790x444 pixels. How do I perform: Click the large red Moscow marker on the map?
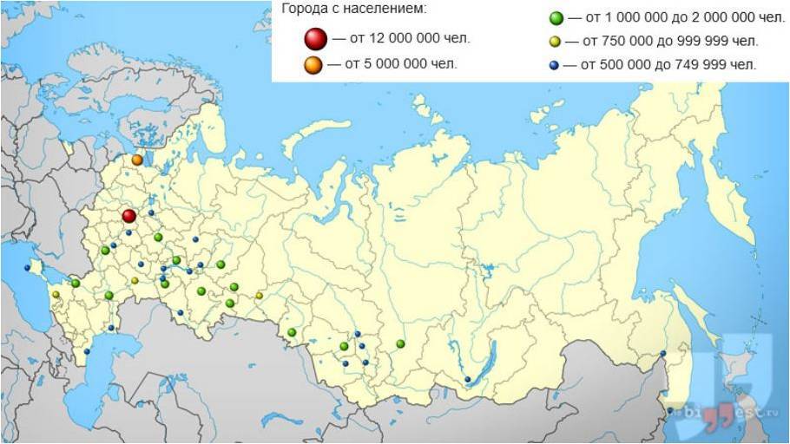pos(128,216)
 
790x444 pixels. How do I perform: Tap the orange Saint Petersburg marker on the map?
pos(137,160)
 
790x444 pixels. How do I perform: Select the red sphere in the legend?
pos(315,38)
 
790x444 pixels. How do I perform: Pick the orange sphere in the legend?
pos(314,64)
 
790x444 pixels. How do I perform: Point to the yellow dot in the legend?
pos(555,42)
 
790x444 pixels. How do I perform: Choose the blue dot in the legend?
pos(554,65)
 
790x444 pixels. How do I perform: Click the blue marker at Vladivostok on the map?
pos(670,410)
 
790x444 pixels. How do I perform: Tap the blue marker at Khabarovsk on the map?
pos(663,353)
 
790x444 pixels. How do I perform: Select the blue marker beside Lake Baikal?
pos(468,379)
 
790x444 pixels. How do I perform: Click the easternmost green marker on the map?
pos(400,344)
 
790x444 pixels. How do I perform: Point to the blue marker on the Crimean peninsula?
pos(27,268)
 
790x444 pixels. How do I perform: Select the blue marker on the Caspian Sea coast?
pos(88,351)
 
